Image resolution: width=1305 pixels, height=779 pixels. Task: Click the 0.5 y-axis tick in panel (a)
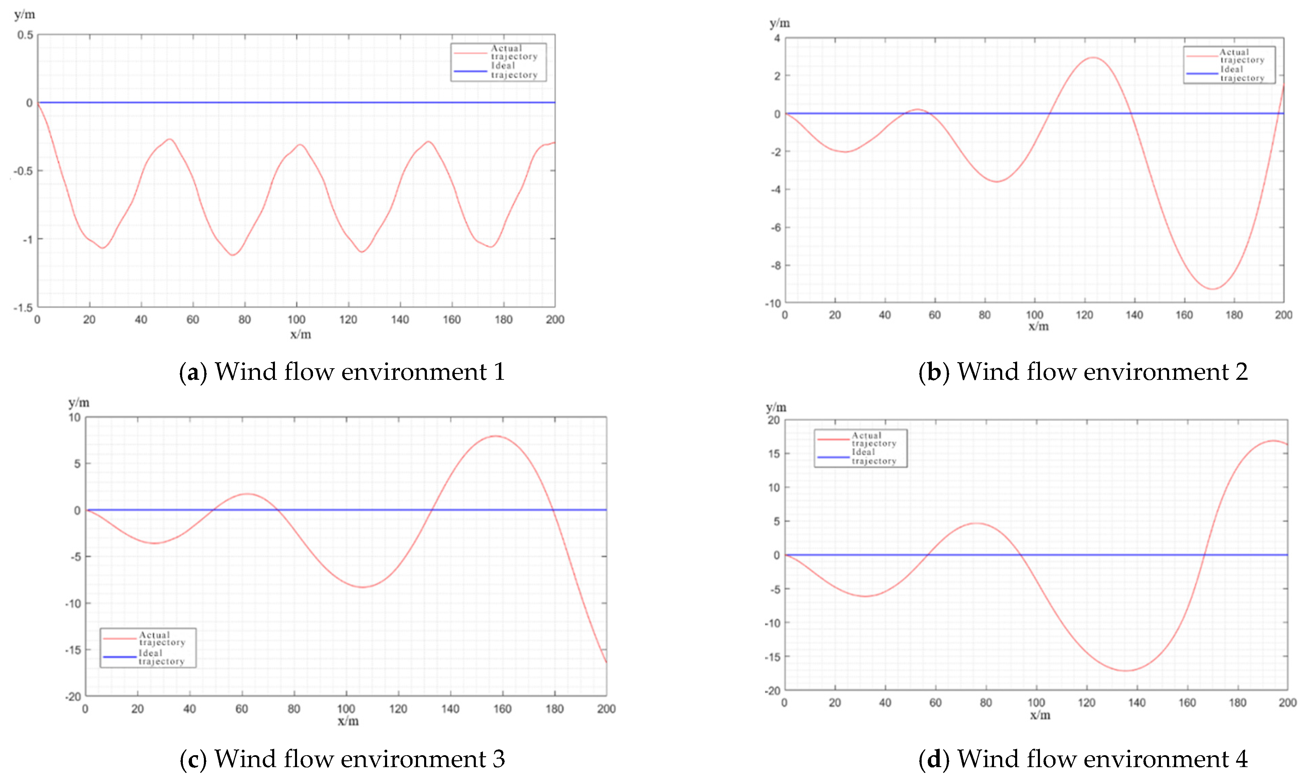[25, 35]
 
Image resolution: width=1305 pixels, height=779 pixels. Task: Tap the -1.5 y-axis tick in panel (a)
[23, 308]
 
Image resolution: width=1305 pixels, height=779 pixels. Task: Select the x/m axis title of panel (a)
[300, 334]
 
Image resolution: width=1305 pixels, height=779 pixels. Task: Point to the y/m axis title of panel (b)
[780, 23]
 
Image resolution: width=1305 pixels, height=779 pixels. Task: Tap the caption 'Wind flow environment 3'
[342, 759]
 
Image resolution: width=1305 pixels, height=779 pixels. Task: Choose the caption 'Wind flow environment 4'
[1083, 759]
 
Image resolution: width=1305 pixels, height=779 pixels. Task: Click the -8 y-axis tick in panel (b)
[775, 266]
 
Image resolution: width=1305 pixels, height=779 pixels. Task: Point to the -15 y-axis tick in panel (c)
[73, 650]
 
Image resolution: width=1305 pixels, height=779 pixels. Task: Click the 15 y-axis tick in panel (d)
[774, 454]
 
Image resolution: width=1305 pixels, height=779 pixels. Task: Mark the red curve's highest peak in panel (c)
[496, 436]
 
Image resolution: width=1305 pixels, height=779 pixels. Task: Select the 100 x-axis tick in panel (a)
[296, 320]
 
